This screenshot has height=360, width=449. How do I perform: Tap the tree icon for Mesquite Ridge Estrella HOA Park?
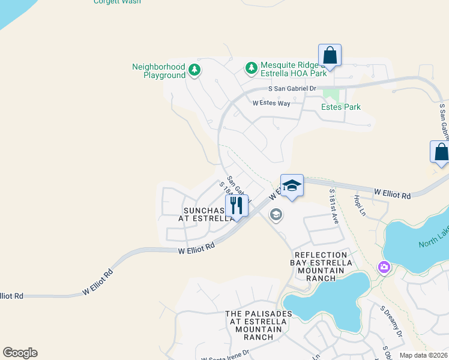point(251,70)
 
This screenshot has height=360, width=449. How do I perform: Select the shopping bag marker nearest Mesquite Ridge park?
point(330,55)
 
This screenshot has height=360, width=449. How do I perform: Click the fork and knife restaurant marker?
point(237,206)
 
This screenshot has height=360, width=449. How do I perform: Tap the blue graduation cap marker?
point(292,185)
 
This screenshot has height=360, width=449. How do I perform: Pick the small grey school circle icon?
point(276,214)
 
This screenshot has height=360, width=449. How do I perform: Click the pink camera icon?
point(384,266)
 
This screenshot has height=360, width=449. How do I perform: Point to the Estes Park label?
point(341,107)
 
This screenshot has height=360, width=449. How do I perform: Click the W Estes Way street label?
point(271,103)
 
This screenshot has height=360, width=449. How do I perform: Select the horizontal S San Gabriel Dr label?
point(292,88)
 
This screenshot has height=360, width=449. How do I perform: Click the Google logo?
point(20,353)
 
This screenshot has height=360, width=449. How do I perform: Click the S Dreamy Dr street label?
point(391,321)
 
